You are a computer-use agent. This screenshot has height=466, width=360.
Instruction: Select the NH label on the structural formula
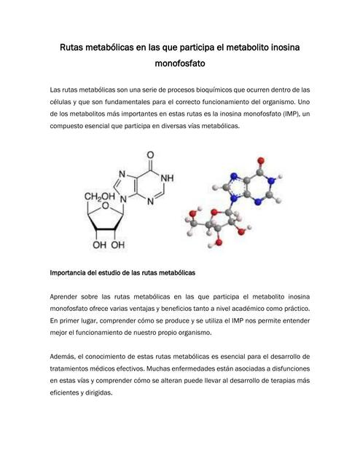click(167, 177)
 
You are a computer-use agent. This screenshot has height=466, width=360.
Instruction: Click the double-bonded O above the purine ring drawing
click(150, 154)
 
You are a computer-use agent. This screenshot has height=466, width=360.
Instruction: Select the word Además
click(64, 355)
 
